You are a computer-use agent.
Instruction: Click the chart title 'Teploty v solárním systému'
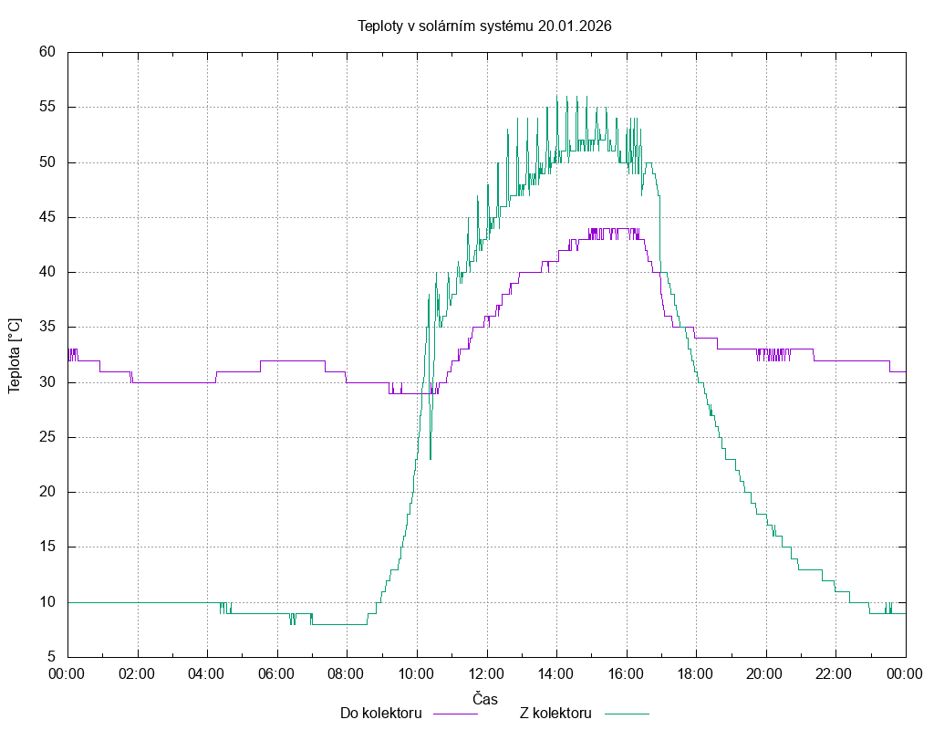446,26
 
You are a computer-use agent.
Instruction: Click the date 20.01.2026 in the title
575,26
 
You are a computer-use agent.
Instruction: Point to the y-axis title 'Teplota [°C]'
15,356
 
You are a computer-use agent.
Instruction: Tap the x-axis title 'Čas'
485,699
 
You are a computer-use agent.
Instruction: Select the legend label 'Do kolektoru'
380,713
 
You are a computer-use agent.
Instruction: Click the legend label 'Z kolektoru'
556,713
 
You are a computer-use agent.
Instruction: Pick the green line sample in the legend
625,714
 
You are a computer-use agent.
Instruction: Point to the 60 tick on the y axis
48,52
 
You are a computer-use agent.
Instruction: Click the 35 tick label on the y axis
48,327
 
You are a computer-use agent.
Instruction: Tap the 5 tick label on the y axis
52,657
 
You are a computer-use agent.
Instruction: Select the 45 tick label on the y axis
48,217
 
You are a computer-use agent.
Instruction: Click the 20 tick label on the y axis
48,492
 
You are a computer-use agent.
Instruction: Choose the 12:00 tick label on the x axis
486,673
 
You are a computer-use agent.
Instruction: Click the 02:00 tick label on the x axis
138,673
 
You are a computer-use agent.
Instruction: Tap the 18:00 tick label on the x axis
696,673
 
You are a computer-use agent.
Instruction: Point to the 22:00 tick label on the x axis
835,673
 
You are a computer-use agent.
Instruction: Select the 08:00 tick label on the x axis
347,673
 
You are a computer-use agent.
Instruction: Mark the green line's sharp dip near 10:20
431,458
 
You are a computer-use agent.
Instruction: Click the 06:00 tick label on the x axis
277,673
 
